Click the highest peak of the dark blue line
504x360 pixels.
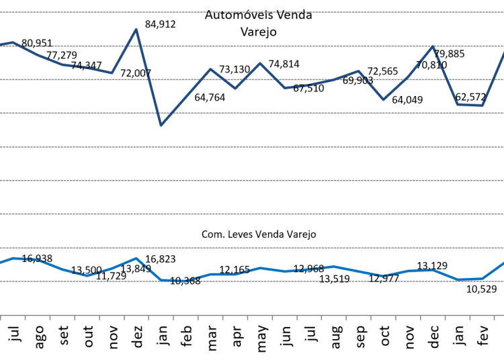coord(136,29)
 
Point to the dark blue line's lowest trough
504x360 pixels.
coord(161,125)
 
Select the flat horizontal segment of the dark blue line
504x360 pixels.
coord(470,105)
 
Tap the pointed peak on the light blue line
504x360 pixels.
coord(136,258)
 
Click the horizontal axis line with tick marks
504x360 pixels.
coord(252,315)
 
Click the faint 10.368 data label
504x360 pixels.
coord(186,280)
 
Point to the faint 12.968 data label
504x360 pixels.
coord(310,269)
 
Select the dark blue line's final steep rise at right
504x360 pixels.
coord(494,77)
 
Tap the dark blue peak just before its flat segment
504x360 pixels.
coord(433,46)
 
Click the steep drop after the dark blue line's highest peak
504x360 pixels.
coord(149,77)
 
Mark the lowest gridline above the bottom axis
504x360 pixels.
coord(252,281)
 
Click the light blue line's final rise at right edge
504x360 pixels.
coord(494,270)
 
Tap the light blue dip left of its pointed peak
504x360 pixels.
coord(87,275)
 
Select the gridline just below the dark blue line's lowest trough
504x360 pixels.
coord(252,146)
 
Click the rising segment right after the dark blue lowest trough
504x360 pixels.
coord(185,97)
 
